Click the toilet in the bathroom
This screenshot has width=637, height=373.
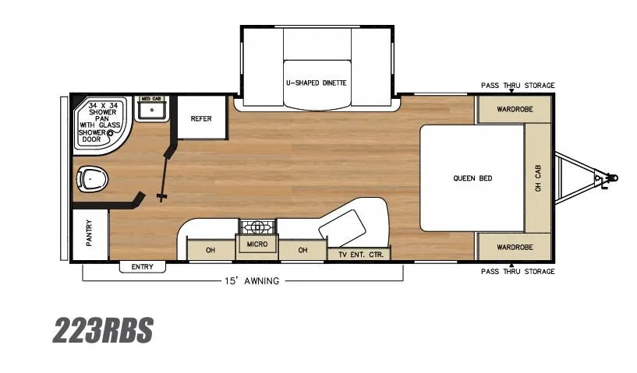point(92,179)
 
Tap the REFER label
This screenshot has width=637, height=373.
point(201,118)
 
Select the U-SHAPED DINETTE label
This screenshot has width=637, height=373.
point(317,83)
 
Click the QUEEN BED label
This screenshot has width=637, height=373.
point(472,178)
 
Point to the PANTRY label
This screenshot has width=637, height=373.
point(89,233)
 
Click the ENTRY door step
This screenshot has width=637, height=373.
point(143,266)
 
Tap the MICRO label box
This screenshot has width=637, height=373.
point(257,244)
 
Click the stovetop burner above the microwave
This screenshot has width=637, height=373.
point(257,227)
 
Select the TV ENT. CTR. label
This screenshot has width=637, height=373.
point(361,255)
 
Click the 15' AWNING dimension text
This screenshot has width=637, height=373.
point(252,281)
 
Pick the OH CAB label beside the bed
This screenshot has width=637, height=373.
point(538,178)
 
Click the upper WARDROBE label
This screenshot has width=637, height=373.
point(515,109)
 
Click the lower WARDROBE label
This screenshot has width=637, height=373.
point(515,247)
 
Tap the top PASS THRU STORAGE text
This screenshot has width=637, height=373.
point(518,85)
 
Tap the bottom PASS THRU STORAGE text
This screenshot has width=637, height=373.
point(518,271)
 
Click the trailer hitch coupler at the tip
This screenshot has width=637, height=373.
point(612,178)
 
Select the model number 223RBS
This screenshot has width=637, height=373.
point(103,330)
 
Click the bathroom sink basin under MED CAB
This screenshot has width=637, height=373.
point(151,110)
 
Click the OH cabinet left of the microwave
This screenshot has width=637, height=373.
point(211,250)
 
